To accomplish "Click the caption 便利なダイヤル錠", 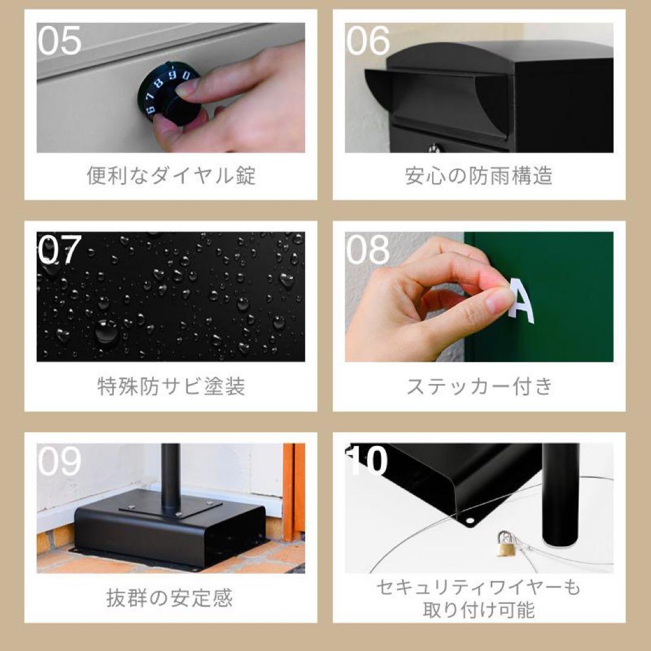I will pos(171,175).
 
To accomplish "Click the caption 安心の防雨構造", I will pos(479,175).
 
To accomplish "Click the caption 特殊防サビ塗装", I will pos(171,386).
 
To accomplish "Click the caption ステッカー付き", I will pos(479,386).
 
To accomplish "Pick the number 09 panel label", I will pos(59,461).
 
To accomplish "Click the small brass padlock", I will pos(505,545).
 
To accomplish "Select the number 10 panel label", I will pos(368,461).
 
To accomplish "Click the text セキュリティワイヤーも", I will pos(479,587).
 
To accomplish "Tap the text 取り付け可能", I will pos(479,609).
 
